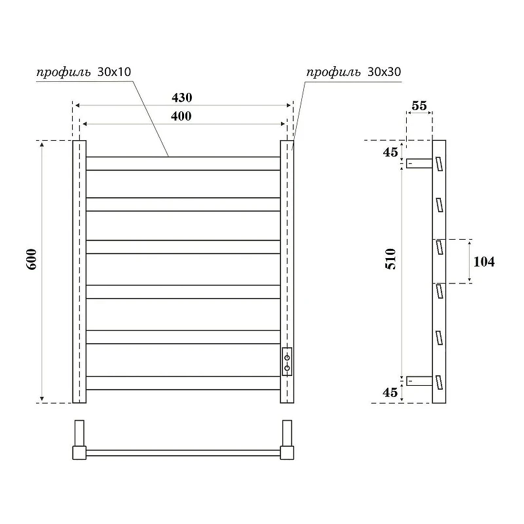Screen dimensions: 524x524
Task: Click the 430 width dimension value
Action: pos(182,98)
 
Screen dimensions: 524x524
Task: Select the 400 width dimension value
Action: pos(181,117)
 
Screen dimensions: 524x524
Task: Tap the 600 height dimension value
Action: pos(31,259)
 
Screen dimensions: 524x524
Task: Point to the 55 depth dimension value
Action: pos(419,105)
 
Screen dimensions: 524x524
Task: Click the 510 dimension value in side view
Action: pos(390,259)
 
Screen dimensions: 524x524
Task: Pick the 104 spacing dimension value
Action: pos(484,261)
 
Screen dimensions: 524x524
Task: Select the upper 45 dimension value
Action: pos(390,152)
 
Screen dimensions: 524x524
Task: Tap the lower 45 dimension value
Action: pos(390,392)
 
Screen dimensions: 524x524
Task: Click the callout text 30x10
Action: pos(114,72)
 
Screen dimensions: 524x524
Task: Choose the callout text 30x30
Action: pos(384,72)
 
